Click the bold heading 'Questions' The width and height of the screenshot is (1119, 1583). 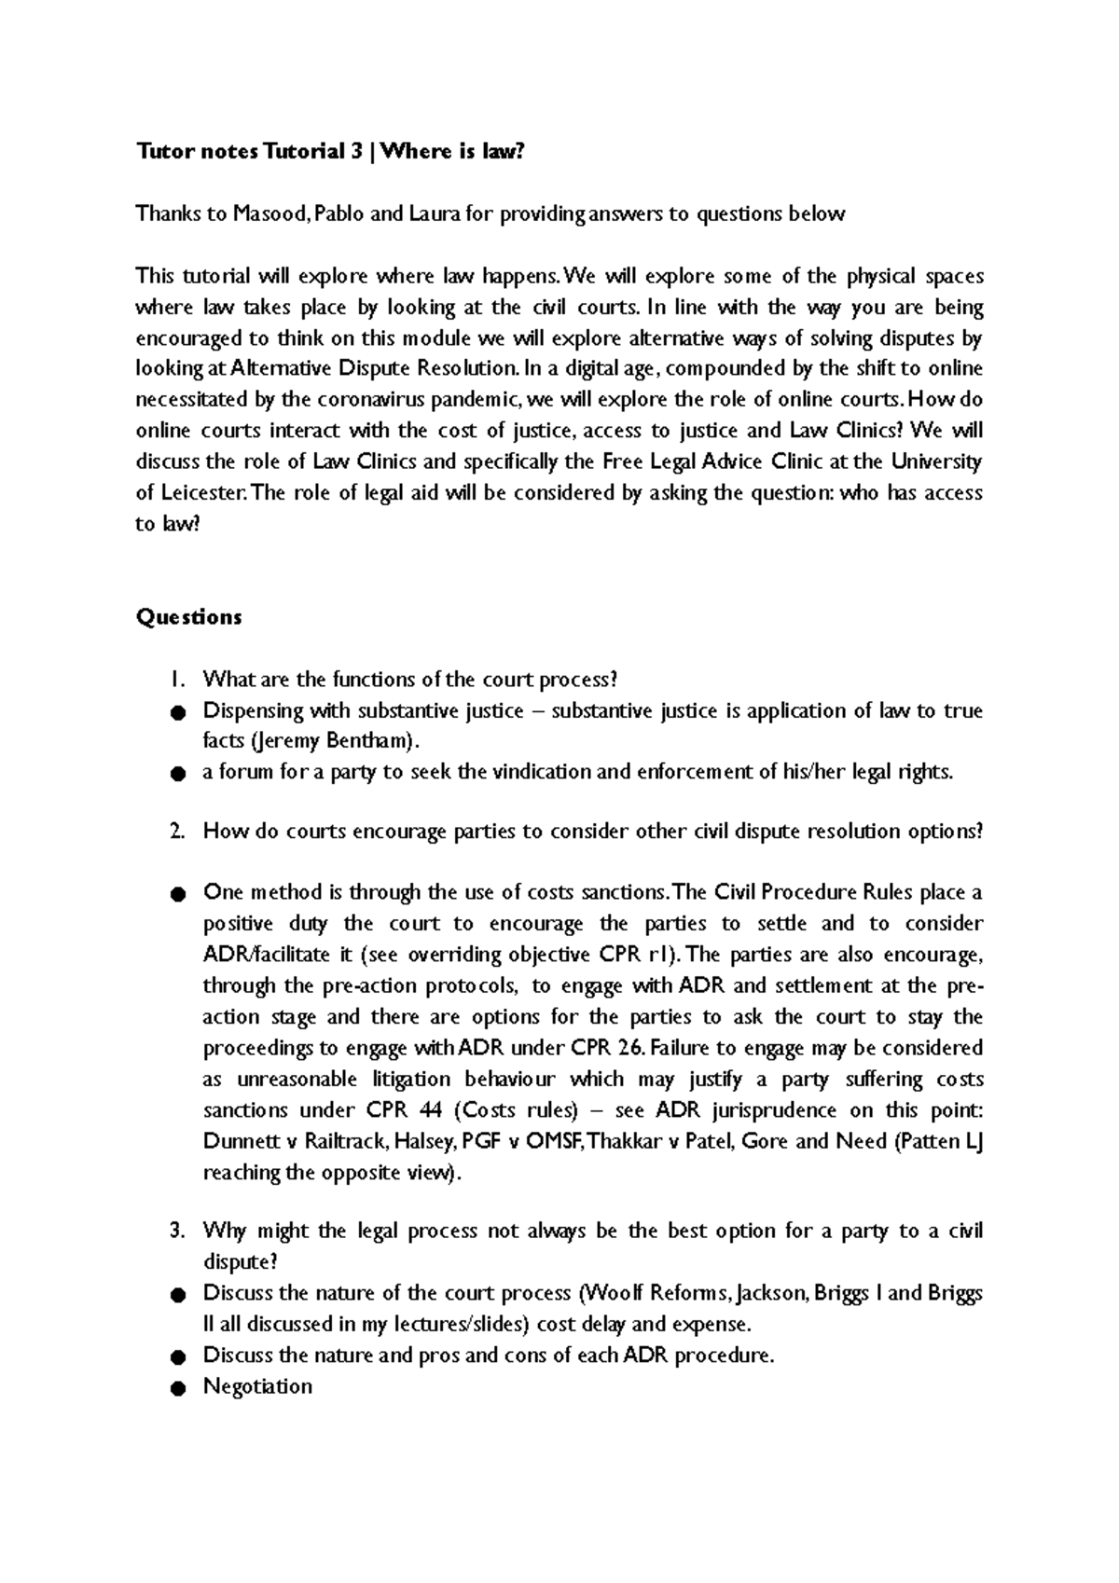pos(188,617)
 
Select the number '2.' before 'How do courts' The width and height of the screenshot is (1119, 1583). pos(178,832)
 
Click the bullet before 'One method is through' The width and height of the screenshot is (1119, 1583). pos(177,894)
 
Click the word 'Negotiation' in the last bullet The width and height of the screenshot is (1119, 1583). pos(257,1386)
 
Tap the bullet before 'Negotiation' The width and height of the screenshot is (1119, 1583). pos(177,1388)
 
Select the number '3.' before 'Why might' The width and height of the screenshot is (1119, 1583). pos(178,1232)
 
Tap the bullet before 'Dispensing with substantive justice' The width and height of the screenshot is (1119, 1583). pos(177,713)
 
